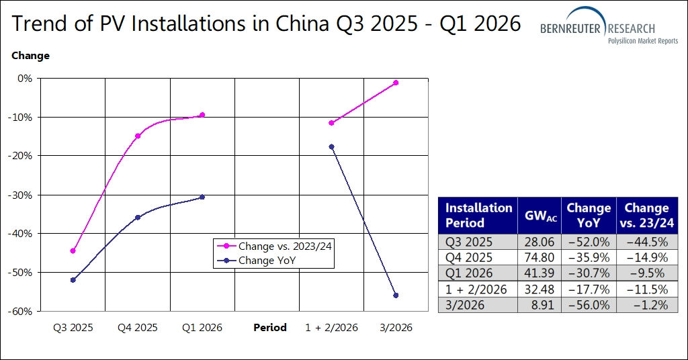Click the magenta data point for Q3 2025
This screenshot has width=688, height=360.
[x=73, y=251]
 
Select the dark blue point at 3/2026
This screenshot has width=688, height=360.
[x=396, y=296]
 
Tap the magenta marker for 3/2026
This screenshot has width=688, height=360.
[x=396, y=83]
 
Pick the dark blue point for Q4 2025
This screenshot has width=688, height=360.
[x=138, y=217]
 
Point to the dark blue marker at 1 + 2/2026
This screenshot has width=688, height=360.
[x=331, y=146]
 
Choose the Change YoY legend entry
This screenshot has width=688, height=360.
[x=267, y=260]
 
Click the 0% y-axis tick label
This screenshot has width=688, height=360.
[x=26, y=78]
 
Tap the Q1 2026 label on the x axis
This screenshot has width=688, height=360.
[x=202, y=328]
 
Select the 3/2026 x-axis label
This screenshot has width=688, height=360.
[x=396, y=328]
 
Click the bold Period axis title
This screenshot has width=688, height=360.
[x=270, y=328]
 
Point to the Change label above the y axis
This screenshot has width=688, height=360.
[x=30, y=56]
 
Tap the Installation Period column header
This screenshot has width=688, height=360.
[x=478, y=215]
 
